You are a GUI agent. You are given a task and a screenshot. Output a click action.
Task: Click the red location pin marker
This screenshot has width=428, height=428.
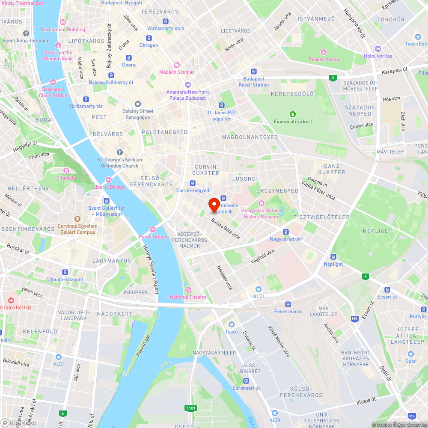point(214,205)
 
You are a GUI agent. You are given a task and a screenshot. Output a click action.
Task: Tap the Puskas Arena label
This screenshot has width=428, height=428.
point(324,59)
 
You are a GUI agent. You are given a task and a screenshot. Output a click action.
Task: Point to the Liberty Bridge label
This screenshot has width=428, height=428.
point(109,187)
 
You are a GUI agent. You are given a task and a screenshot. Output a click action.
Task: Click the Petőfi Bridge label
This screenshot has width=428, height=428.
point(153,237)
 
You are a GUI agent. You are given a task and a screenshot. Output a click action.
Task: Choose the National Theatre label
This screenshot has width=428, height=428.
point(188,297)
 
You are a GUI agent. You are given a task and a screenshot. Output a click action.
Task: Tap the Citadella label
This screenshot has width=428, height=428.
point(66,178)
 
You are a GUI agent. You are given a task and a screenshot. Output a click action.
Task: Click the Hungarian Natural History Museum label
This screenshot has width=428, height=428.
point(261,214)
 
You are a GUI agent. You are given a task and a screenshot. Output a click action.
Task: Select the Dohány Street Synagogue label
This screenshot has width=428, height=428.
point(137,114)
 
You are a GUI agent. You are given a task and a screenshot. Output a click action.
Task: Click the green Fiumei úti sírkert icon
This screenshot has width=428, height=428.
point(293,114)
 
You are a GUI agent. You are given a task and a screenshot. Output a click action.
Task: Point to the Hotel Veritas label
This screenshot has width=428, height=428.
point(378,56)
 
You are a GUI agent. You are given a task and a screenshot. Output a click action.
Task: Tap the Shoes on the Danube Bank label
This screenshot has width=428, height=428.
point(58,55)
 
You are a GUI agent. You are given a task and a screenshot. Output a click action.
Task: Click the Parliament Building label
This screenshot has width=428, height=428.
point(63,30)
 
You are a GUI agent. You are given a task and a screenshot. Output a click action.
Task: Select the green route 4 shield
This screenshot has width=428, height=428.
point(365,276)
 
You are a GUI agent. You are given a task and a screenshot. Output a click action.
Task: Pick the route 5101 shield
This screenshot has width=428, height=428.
point(191,408)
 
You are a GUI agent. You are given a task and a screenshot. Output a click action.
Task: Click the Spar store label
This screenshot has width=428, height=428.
point(411,361)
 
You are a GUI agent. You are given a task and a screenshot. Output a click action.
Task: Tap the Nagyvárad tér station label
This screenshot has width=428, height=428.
point(285,239)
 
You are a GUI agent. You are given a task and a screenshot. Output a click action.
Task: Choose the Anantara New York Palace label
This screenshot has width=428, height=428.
point(187,95)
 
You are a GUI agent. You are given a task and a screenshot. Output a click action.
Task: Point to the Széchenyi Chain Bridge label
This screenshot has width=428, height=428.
point(54,92)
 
